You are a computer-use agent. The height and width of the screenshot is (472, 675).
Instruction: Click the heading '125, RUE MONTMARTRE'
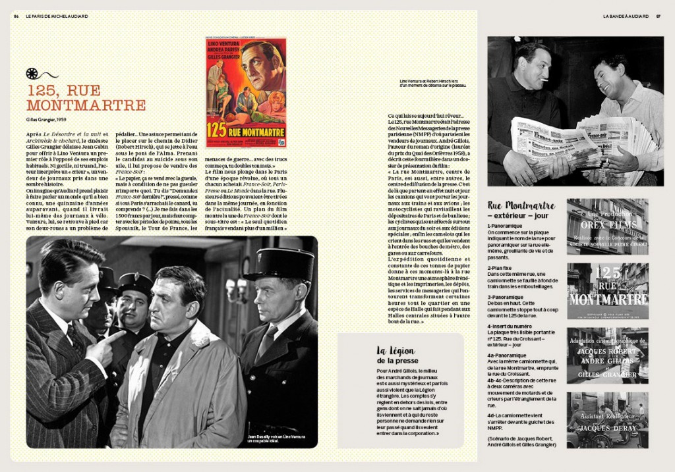[86, 97]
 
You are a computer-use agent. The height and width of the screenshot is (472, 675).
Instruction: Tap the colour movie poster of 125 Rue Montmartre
[246, 92]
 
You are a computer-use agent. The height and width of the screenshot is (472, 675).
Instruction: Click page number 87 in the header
[658, 16]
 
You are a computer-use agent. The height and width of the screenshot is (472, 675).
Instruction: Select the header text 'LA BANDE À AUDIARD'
[626, 16]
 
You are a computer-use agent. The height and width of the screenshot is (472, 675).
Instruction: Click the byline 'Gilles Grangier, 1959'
[46, 120]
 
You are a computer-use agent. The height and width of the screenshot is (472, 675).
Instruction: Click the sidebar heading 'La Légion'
[395, 351]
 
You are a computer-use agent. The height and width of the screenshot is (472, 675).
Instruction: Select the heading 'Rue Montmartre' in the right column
[521, 205]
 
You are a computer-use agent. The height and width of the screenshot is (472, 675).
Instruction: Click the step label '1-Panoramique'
[505, 226]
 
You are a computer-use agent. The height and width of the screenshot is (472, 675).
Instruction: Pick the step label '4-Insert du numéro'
[510, 326]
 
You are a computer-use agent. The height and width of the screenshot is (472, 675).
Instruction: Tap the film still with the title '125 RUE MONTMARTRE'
[607, 291]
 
